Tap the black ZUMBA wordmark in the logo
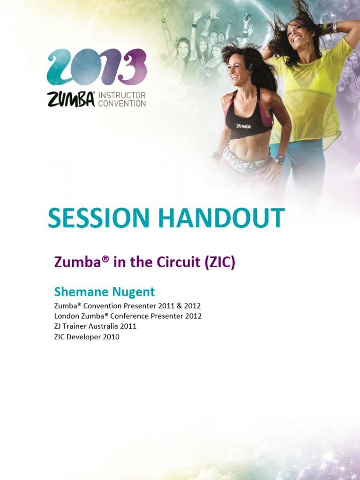point(71,99)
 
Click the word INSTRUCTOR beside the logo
point(122,95)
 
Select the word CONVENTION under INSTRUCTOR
point(122,103)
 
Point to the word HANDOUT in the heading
point(222,218)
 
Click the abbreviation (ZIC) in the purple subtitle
point(219,262)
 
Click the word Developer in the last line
point(84,337)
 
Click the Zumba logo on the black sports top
point(243,126)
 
